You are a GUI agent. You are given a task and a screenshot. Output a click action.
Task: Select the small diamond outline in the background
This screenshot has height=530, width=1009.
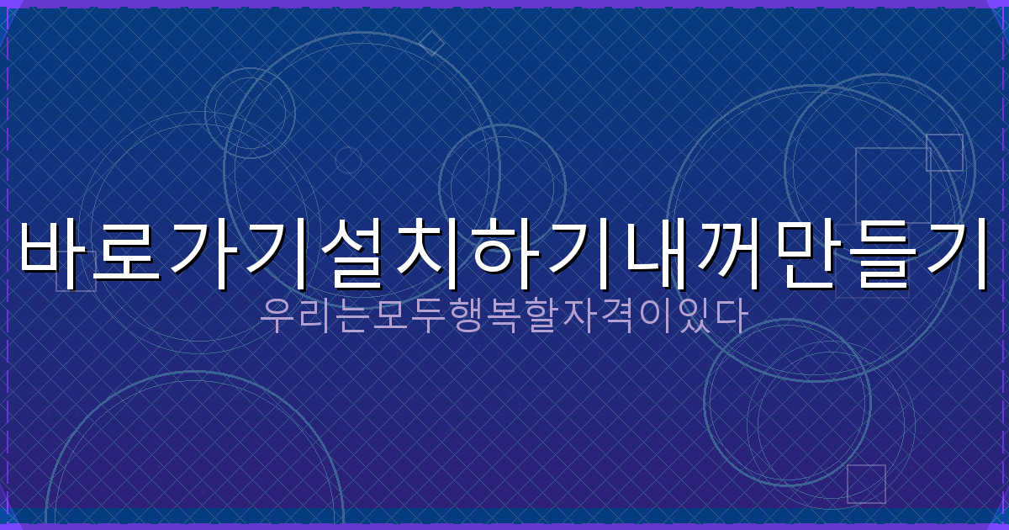(431, 43)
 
